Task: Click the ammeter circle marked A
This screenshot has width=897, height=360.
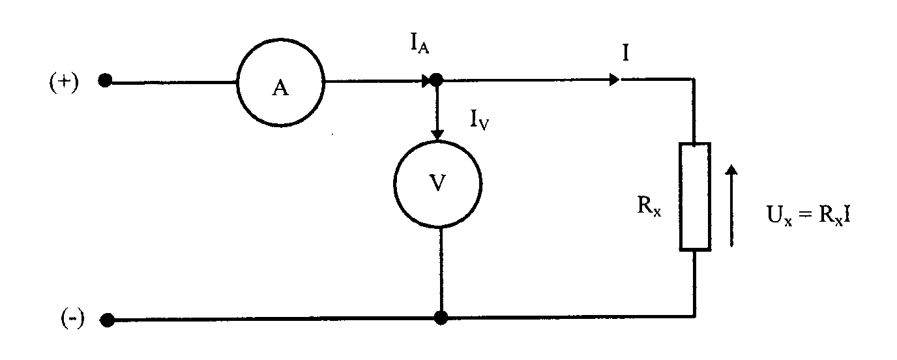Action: pyautogui.click(x=280, y=82)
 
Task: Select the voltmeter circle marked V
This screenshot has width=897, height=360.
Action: pyautogui.click(x=439, y=183)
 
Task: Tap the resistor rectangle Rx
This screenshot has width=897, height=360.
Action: pyautogui.click(x=695, y=196)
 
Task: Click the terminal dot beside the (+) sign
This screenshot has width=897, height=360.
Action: pyautogui.click(x=105, y=81)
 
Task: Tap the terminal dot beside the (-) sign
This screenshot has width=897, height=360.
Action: pyautogui.click(x=106, y=320)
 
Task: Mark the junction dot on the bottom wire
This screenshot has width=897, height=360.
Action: pyautogui.click(x=441, y=318)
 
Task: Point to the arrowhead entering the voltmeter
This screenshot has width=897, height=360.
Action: pyautogui.click(x=438, y=134)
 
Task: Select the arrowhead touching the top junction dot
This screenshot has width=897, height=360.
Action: pyautogui.click(x=426, y=81)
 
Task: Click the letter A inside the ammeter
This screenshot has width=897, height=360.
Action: pyautogui.click(x=280, y=89)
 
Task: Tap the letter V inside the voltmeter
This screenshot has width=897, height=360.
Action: pyautogui.click(x=439, y=183)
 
